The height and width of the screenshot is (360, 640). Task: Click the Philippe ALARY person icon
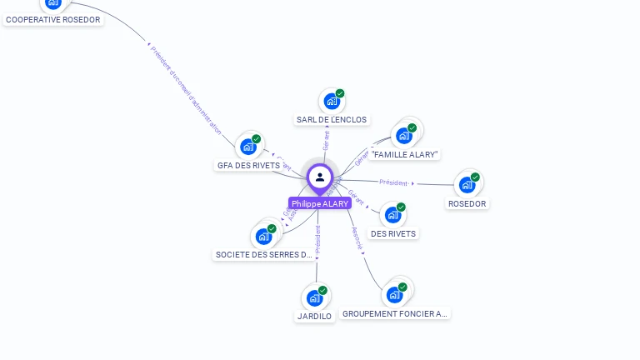tap(319, 177)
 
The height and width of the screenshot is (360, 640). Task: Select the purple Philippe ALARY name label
tap(320, 203)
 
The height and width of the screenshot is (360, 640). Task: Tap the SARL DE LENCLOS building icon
tap(332, 102)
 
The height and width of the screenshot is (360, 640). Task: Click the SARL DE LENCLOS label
tap(332, 120)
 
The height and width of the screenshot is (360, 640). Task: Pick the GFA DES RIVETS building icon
tap(248, 147)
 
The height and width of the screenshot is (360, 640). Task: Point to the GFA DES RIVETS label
tap(248, 165)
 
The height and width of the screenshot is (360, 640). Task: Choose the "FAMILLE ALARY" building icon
tap(404, 136)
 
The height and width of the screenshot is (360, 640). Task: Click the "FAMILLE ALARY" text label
tap(405, 155)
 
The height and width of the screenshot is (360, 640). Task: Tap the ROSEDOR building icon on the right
tap(467, 184)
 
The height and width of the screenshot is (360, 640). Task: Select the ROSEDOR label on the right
tap(467, 203)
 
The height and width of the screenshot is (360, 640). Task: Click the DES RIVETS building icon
tap(393, 215)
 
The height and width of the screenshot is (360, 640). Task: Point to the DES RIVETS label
tap(393, 234)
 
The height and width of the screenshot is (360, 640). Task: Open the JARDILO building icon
tap(315, 297)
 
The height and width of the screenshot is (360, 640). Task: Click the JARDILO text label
tap(314, 317)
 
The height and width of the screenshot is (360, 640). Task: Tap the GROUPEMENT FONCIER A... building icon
tap(395, 294)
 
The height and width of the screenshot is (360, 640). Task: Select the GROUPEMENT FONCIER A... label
tap(395, 314)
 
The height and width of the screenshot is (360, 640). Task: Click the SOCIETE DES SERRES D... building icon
tap(264, 236)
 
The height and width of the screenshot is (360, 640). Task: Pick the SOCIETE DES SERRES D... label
tap(263, 255)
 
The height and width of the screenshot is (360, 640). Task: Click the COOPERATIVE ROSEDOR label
tap(53, 19)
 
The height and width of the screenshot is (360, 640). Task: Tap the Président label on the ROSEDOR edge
tap(393, 182)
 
